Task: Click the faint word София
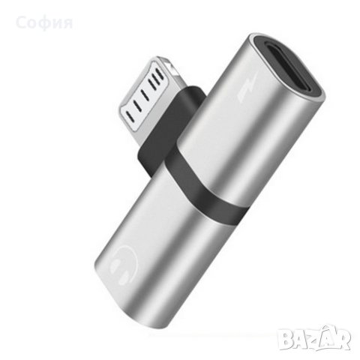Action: [x=44, y=22]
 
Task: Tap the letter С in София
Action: [x=20, y=22]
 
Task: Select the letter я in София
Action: [x=67, y=23]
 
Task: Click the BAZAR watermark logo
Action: [x=314, y=337]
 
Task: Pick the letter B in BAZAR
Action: [x=285, y=338]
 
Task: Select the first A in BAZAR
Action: [x=298, y=338]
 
